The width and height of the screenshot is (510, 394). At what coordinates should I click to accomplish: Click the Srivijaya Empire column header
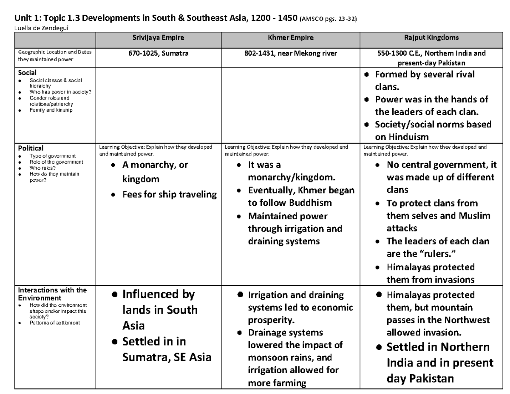(x=159, y=38)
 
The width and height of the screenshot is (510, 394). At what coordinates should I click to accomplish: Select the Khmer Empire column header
(x=290, y=38)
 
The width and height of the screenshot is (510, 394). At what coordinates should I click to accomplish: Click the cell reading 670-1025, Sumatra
(x=159, y=54)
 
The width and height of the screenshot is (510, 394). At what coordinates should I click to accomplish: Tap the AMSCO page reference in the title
(x=328, y=19)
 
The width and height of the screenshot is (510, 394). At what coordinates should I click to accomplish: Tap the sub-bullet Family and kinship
(x=51, y=110)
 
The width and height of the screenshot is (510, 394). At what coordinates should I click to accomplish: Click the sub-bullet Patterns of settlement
(x=54, y=323)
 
